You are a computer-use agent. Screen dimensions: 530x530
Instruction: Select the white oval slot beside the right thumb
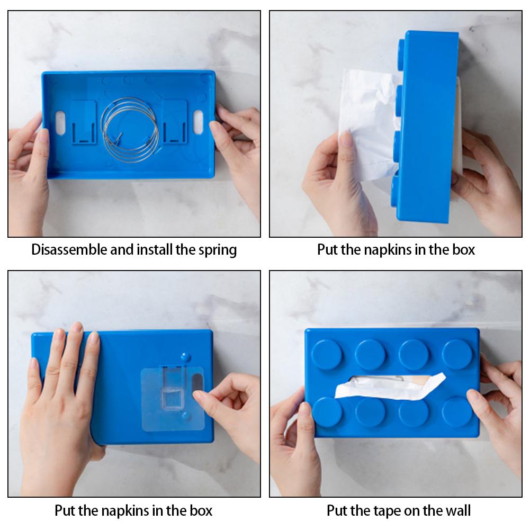[x=199, y=122]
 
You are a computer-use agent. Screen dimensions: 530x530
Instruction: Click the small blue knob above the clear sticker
[x=185, y=357]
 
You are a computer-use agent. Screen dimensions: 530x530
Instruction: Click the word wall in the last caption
[x=456, y=511]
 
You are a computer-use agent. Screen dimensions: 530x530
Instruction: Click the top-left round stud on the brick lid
[x=327, y=354]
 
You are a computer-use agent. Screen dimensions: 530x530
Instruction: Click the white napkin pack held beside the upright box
[x=365, y=122]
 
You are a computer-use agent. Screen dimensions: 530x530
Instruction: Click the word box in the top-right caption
[x=463, y=250]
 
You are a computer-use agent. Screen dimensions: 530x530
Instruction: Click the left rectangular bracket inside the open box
[x=84, y=122]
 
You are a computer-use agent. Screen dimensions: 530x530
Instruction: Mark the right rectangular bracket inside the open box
[x=174, y=122]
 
